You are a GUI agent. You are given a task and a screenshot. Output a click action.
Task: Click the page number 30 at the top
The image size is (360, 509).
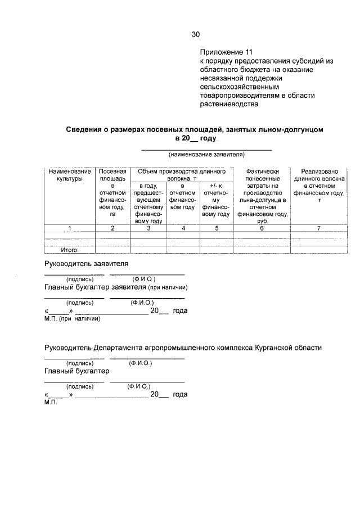[x=196, y=34]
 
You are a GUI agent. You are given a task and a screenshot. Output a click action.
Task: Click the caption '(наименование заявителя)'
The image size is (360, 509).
[x=205, y=154]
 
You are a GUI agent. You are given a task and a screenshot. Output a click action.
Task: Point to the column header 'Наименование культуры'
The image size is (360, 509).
[x=69, y=174]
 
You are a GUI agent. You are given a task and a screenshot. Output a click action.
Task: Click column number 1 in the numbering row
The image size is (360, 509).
[x=69, y=228]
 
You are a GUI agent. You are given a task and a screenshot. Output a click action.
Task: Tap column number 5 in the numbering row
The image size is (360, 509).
[x=216, y=228]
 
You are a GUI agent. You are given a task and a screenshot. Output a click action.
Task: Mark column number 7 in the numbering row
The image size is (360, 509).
[x=319, y=228]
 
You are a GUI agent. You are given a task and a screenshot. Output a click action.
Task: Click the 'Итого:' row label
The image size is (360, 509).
[x=70, y=250]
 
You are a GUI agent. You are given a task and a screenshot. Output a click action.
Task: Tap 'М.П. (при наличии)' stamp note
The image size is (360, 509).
[x=72, y=319]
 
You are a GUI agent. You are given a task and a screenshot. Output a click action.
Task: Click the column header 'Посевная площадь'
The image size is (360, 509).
[x=112, y=174]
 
